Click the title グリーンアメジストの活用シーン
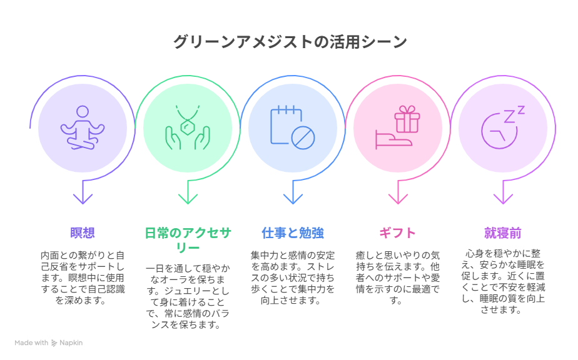(x=290, y=42)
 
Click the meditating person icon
(x=83, y=128)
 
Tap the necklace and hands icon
(x=188, y=128)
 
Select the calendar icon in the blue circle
(x=293, y=127)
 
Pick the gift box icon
(x=398, y=127)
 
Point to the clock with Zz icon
(x=503, y=127)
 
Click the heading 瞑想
(x=83, y=233)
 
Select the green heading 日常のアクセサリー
(x=188, y=240)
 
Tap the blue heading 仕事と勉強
(x=293, y=233)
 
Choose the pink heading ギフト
(x=398, y=233)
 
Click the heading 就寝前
(x=503, y=233)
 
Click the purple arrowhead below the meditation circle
(x=83, y=199)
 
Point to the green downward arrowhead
(x=188, y=199)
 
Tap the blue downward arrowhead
(x=293, y=199)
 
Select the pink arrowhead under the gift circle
(x=398, y=199)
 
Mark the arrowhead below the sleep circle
(x=503, y=199)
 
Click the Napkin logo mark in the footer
(x=54, y=343)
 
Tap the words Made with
(x=31, y=342)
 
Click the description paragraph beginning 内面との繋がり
(x=83, y=278)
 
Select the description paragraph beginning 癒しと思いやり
(x=398, y=278)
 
